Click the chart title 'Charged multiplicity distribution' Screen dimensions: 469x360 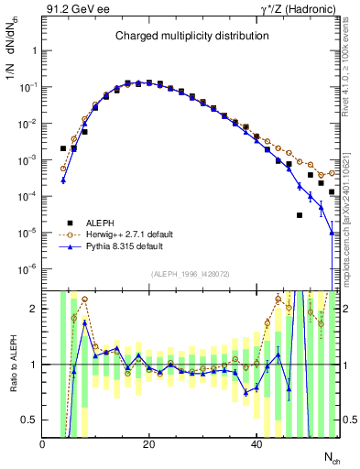[191, 37]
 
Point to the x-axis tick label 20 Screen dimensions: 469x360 [149, 443]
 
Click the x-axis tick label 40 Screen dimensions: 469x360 [256, 443]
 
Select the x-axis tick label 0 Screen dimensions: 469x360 [43, 443]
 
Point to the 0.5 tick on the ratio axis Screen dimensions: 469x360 [31, 420]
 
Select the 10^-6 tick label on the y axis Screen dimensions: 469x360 [28, 269]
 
